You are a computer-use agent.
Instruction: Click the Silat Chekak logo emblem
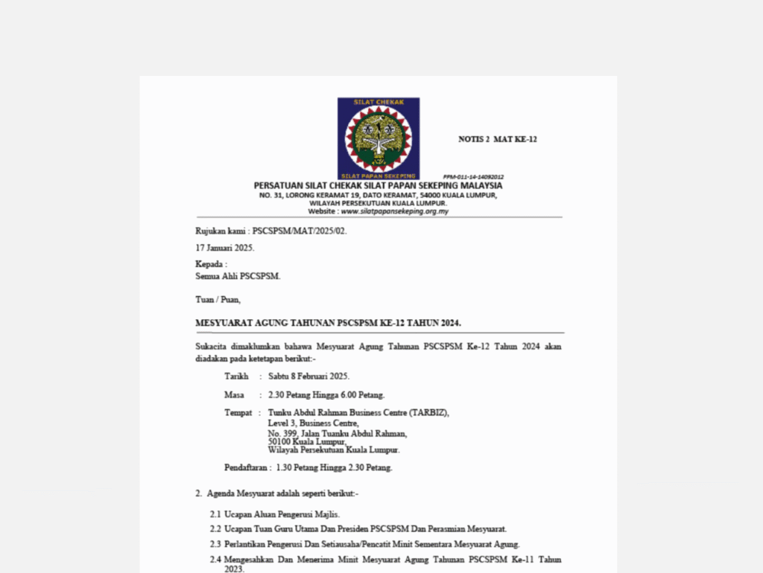point(379,138)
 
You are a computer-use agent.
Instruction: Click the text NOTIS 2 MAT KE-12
point(497,139)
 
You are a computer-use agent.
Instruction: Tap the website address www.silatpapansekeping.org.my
point(394,211)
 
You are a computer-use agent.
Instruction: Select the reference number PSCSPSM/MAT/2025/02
point(300,231)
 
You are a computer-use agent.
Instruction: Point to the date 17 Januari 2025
point(225,248)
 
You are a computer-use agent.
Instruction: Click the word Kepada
point(209,264)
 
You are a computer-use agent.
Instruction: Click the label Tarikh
point(236,377)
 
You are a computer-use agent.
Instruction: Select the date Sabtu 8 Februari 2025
point(308,377)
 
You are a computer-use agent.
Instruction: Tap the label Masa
point(234,395)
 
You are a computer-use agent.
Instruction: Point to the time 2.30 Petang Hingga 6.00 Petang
point(326,395)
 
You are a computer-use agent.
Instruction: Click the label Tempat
point(238,413)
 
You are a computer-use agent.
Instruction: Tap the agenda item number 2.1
point(215,514)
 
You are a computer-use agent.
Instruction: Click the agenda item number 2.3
point(215,545)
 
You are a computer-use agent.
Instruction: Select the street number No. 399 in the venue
point(282,433)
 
